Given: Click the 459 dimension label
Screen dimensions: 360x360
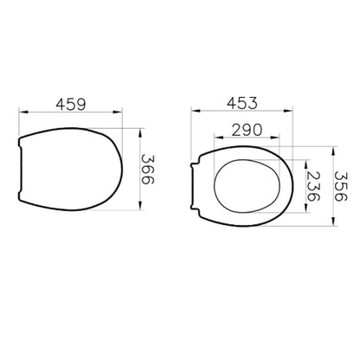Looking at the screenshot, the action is (71, 104).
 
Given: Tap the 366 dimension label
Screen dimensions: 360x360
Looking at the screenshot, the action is (148, 170).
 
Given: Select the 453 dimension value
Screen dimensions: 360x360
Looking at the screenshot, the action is (241, 103).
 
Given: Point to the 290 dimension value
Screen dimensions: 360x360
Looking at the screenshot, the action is (247, 130).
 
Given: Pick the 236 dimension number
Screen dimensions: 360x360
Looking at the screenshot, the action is (313, 186).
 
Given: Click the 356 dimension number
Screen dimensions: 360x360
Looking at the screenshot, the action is (341, 186).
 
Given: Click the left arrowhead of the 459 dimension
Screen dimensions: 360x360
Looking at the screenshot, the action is (23, 112).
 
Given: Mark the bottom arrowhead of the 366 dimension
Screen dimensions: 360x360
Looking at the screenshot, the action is (140, 205).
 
